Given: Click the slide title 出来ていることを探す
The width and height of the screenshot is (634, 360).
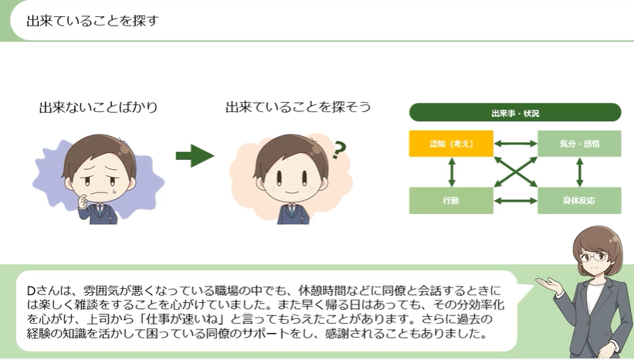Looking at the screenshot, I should tap(92, 20).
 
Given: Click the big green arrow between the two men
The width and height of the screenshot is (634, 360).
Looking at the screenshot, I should tap(195, 156).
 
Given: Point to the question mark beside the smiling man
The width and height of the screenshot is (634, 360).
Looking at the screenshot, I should tap(337, 150).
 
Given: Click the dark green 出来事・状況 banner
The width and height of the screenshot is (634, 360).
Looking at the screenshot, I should tap(515, 114).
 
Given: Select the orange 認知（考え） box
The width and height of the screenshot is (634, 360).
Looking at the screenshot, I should tap(451, 144).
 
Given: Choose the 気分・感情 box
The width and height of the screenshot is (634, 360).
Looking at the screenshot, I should tap(579, 144).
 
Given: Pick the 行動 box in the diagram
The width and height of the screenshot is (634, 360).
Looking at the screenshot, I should tap(451, 200).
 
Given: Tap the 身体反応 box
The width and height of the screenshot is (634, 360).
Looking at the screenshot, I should tap(579, 200).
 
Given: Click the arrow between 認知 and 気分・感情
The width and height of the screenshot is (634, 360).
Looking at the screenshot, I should tap(515, 144).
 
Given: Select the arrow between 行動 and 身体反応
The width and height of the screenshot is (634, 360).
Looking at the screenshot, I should tap(515, 200).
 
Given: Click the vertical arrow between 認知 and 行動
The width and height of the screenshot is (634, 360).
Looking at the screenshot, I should tap(451, 172).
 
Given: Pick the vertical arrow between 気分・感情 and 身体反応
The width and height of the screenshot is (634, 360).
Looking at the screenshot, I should tap(579, 172).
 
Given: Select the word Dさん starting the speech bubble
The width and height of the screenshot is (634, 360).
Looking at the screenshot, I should tap(41, 290).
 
